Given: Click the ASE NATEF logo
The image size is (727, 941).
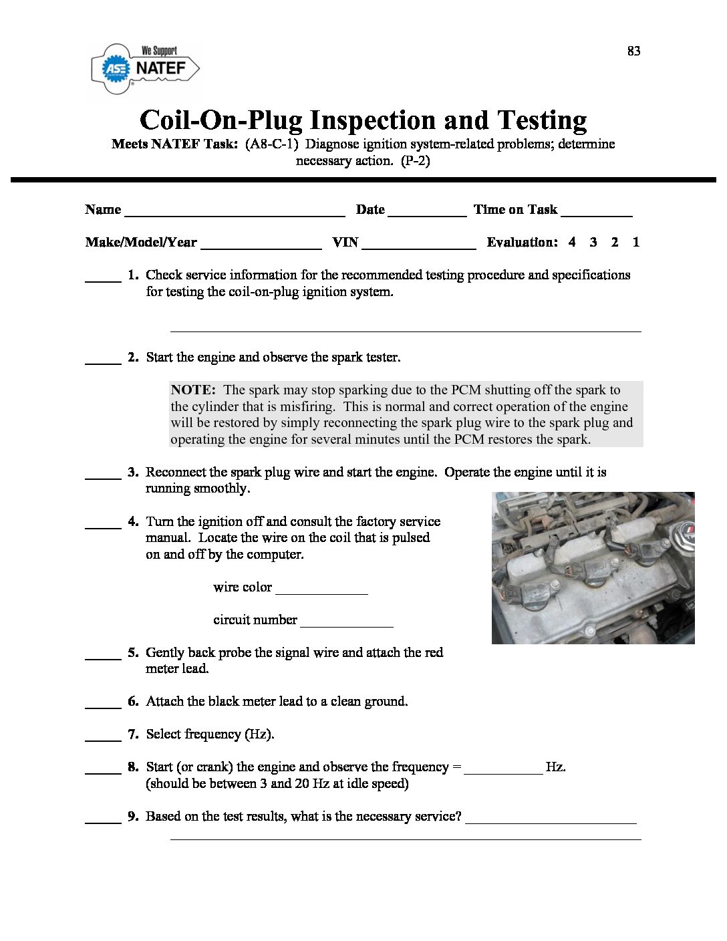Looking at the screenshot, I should [x=145, y=69].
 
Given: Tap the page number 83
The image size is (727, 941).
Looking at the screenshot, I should [x=633, y=51].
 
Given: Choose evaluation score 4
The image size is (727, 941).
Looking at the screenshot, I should [x=572, y=243].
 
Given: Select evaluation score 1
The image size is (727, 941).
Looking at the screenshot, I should [x=635, y=243].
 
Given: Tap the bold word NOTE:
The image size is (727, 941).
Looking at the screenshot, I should [x=193, y=390].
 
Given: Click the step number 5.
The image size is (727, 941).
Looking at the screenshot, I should [x=133, y=653].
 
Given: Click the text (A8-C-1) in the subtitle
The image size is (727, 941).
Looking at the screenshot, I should [x=271, y=144].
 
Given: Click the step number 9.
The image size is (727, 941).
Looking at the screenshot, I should [x=133, y=817].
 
